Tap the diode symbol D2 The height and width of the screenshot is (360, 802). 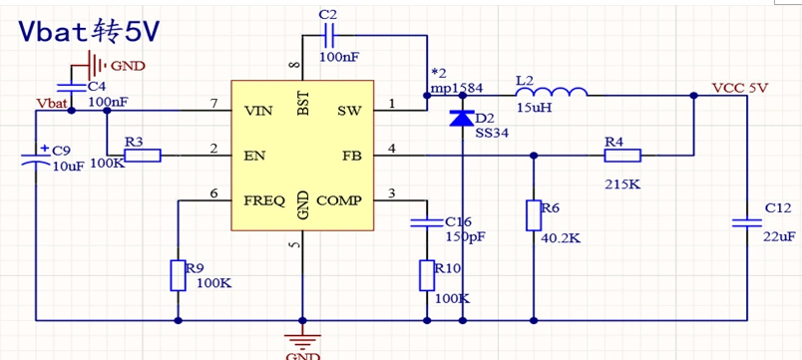coord(461,119)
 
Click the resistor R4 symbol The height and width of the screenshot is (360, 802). coord(622,155)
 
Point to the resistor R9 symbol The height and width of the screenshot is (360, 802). coord(178,274)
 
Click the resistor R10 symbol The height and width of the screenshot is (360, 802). coord(426,274)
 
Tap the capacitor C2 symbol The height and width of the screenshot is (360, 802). coord(328,38)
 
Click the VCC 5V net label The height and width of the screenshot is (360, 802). coord(739,88)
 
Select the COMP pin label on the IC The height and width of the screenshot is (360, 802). coord(339,200)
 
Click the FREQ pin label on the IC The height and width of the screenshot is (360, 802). coord(264,200)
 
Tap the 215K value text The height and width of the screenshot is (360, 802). coord(620,184)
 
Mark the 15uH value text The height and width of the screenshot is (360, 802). coord(535,107)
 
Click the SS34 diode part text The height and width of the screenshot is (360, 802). coord(491,132)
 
